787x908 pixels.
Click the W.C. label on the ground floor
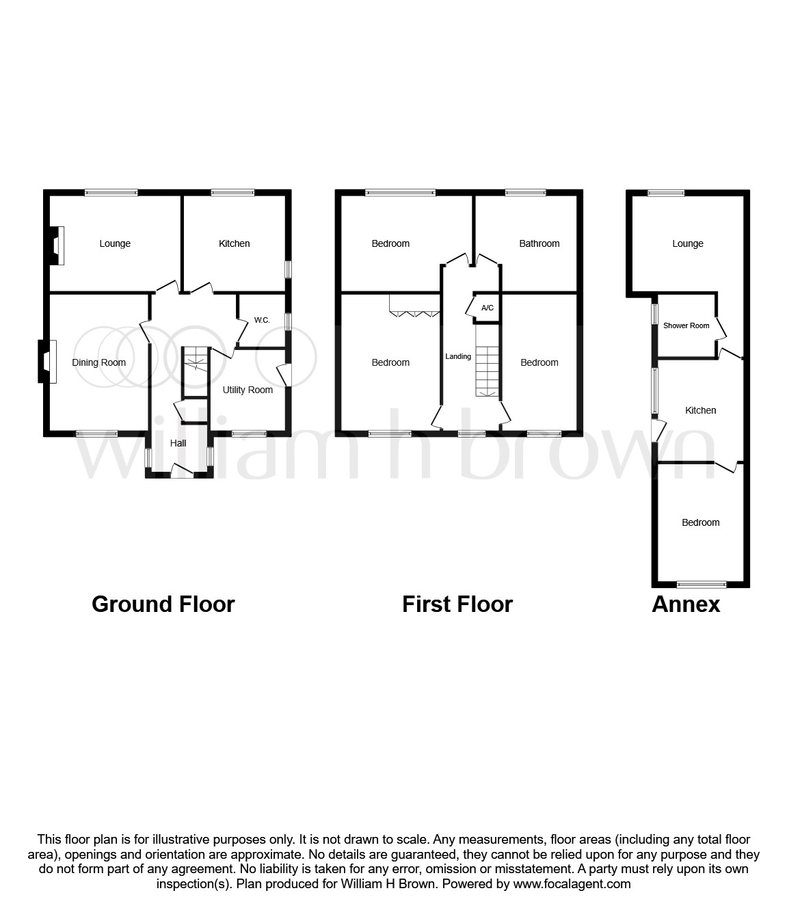tap(262, 320)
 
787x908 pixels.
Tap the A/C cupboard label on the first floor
tap(488, 308)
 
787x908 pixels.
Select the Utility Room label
tap(248, 390)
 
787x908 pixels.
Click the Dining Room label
tap(99, 362)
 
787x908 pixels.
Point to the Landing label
tap(458, 356)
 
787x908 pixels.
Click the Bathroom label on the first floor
tap(539, 243)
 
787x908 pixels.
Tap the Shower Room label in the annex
tap(686, 325)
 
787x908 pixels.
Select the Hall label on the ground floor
tap(178, 443)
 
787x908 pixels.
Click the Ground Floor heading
tap(163, 604)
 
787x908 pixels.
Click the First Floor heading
tap(457, 604)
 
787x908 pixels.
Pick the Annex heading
tap(685, 604)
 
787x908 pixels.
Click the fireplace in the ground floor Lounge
tap(57, 245)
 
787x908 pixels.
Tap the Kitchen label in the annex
tap(700, 410)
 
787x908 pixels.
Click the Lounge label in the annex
tap(687, 243)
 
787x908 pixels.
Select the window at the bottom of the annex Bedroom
tap(702, 584)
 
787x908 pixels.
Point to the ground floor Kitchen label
tap(234, 243)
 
